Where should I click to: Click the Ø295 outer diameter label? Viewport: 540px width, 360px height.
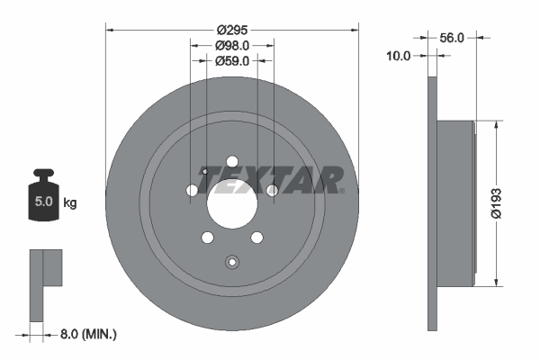(x=232, y=29)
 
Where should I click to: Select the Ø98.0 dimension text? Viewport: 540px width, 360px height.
(x=232, y=45)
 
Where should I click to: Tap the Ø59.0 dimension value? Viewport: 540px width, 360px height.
(x=232, y=61)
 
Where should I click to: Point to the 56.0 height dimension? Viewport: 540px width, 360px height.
(x=452, y=38)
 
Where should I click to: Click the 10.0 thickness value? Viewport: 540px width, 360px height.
(x=398, y=55)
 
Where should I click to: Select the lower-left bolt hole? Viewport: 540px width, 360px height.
(x=208, y=238)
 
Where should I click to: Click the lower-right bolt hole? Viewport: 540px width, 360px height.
(x=256, y=238)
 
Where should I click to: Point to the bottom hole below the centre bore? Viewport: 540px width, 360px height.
(x=232, y=263)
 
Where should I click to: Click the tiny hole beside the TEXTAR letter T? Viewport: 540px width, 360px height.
(x=205, y=172)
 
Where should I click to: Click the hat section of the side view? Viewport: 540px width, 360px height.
(x=455, y=203)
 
